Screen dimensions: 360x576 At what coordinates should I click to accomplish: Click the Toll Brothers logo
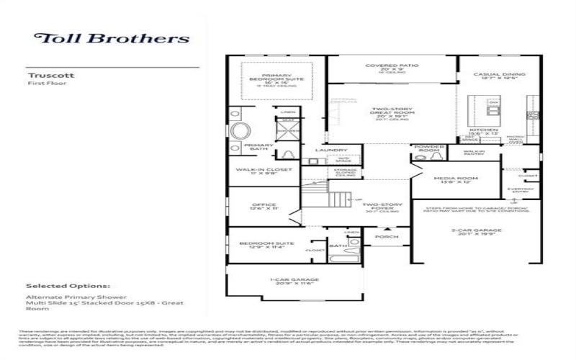112,39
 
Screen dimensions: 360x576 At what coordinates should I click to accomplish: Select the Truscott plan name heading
44,75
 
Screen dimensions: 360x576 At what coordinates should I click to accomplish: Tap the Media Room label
455,180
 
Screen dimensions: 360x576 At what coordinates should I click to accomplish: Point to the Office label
258,206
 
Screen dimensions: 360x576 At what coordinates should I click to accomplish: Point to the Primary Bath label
258,146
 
